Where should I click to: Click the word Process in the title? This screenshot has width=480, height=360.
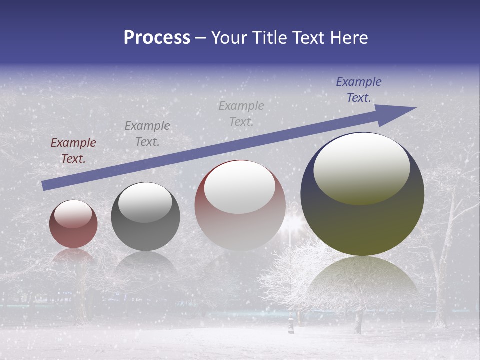point(157,38)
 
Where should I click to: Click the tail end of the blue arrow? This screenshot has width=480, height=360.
point(45,185)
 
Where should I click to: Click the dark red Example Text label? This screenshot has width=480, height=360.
point(73,151)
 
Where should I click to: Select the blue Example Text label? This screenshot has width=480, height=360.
point(358,90)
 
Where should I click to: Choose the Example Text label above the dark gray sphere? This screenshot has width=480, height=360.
point(147,134)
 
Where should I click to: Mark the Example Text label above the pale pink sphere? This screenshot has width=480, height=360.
point(241,114)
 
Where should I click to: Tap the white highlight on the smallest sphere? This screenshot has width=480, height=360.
point(73,214)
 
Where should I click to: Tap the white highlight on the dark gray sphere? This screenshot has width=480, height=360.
point(145,202)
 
